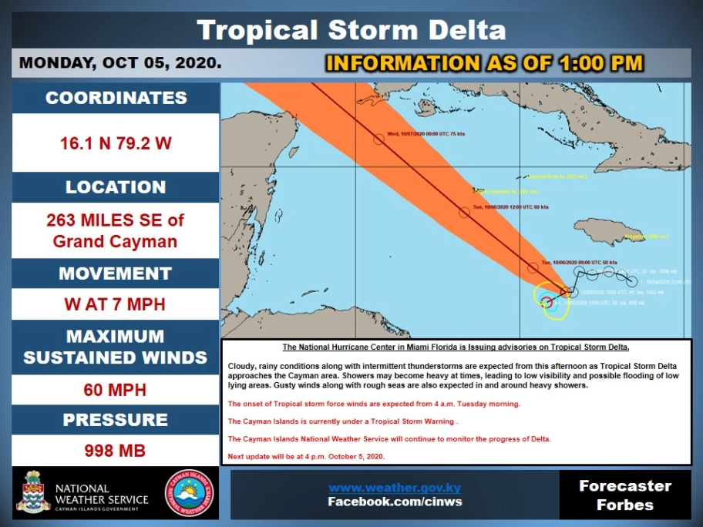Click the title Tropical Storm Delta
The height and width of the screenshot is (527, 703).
coord(351,30)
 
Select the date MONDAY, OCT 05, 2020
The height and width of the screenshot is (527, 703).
coord(120,63)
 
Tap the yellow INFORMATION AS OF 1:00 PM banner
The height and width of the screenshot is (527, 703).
coord(484,63)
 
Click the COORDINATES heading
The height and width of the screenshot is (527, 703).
coord(116,98)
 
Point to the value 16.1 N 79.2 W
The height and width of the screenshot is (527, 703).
coord(116,143)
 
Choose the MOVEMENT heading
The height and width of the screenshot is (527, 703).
coord(116,274)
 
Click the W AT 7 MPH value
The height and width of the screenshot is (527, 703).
coord(116,304)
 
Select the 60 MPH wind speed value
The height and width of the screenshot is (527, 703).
coord(116,390)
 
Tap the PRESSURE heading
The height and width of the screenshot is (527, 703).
coord(116,420)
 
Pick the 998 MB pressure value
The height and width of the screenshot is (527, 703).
coord(116,451)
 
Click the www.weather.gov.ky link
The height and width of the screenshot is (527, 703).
coord(395,488)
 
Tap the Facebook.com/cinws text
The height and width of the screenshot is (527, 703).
coord(395,502)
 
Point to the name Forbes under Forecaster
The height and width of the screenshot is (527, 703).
coord(625,505)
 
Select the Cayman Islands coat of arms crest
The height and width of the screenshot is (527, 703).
coord(33,492)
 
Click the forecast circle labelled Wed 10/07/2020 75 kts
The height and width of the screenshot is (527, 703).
coord(378,139)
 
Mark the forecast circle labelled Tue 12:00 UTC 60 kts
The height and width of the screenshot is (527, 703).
coord(464,212)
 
